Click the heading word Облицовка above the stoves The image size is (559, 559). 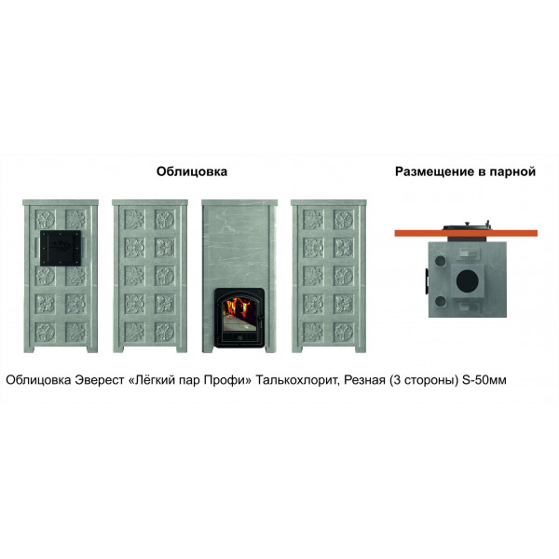pyautogui.click(x=192, y=171)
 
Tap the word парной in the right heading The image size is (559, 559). pyautogui.click(x=512, y=171)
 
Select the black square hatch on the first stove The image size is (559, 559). pyautogui.click(x=61, y=248)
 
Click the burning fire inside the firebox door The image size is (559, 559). pyautogui.click(x=240, y=309)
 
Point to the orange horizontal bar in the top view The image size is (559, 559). pyautogui.click(x=466, y=233)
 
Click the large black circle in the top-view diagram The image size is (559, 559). pyautogui.click(x=468, y=280)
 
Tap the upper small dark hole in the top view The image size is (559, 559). pyautogui.click(x=441, y=260)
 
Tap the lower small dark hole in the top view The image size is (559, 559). pyautogui.click(x=441, y=301)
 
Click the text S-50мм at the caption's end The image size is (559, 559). pyautogui.click(x=484, y=380)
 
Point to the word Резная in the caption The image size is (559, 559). pyautogui.click(x=364, y=380)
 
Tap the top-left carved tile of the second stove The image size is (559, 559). pyautogui.click(x=134, y=219)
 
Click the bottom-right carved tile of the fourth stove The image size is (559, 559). pyautogui.click(x=343, y=332)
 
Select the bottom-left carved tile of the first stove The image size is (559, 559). pyautogui.click(x=46, y=332)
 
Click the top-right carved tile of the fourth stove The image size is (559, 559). pyautogui.click(x=343, y=219)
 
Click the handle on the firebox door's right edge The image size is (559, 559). pyautogui.click(x=261, y=318)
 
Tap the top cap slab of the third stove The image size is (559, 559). pyautogui.click(x=239, y=203)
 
